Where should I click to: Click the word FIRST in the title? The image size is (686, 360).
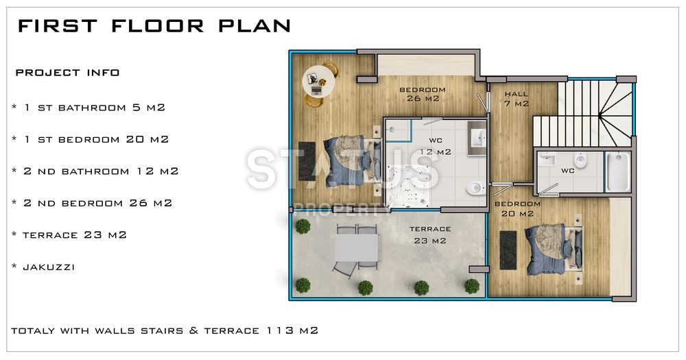57,26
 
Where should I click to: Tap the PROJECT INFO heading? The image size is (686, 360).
67,73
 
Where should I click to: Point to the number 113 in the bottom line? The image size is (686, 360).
279,331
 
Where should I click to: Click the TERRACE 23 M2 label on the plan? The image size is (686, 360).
430,235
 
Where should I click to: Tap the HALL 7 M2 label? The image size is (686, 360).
517,99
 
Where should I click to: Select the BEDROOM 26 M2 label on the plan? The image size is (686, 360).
423,94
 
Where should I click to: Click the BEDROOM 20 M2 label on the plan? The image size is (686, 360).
517,208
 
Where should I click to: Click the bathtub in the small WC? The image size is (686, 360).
617,171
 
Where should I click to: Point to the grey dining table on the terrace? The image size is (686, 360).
356,248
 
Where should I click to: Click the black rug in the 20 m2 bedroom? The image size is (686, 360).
508,250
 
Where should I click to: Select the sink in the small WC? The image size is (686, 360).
547,160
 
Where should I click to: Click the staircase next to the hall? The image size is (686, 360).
583,113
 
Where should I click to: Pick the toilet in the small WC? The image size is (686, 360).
580,162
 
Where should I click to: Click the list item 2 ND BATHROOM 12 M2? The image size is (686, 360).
95,171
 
